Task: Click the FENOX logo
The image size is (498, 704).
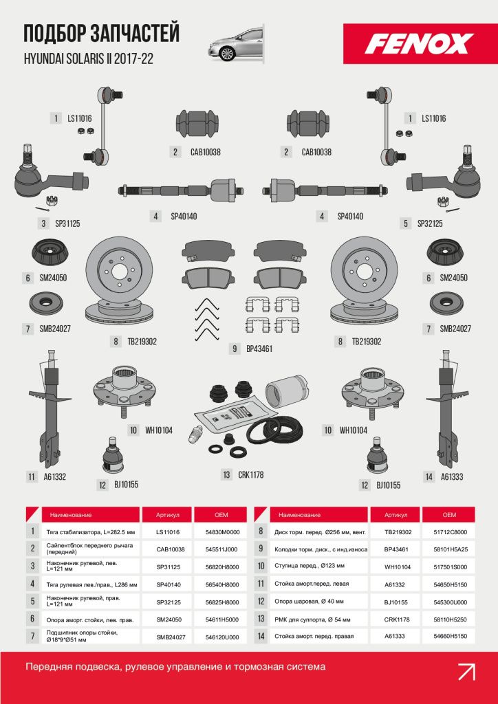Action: [x=419, y=44]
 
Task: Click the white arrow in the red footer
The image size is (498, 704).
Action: [x=466, y=672]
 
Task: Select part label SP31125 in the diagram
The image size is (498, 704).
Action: [x=67, y=223]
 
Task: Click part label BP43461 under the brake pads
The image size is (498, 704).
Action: [x=259, y=349]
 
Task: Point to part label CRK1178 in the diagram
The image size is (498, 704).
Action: [x=250, y=474]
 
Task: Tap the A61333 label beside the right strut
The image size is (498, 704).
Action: [x=452, y=477]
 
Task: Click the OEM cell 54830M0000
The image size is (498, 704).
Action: [x=223, y=532]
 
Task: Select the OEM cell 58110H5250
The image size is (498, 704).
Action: [x=449, y=619]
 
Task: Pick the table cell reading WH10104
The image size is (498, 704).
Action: [x=398, y=567]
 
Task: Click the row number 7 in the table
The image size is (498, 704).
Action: [x=33, y=636]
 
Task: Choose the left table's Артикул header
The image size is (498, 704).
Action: [x=168, y=514]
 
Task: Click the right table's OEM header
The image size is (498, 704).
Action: [x=449, y=514]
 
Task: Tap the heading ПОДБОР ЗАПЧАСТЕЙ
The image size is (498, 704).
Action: [x=102, y=34]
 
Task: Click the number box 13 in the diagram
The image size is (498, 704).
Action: [x=226, y=474]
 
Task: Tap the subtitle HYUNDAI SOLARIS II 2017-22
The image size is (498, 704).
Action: [x=89, y=59]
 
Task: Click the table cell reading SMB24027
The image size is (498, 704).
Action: [x=168, y=637]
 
